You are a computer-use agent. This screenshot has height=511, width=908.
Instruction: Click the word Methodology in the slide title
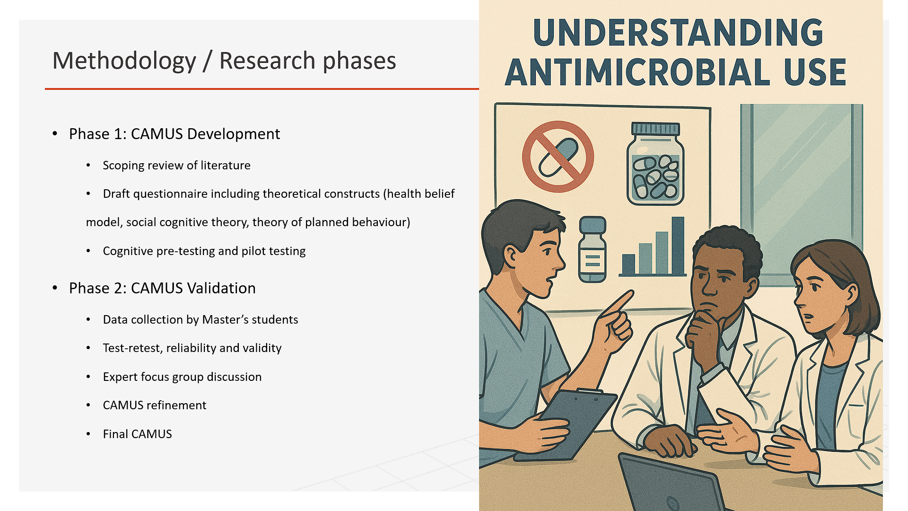[x=124, y=62]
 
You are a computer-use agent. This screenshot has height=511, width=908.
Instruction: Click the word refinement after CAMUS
[x=176, y=405]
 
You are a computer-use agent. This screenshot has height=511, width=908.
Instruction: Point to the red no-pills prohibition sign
[x=558, y=157]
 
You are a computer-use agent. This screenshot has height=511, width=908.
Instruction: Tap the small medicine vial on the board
[x=592, y=249]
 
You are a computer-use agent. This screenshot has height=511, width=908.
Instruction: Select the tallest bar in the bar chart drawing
[x=678, y=246]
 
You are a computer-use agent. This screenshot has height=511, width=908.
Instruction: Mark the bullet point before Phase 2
[x=55, y=288]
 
